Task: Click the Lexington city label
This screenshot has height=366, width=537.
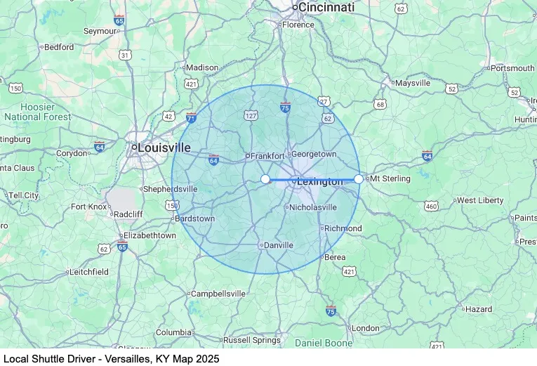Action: click(x=320, y=182)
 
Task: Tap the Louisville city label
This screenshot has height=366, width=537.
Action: click(x=164, y=148)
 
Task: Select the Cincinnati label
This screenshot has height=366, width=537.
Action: click(x=326, y=7)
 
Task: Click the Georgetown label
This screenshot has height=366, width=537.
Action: click(x=314, y=154)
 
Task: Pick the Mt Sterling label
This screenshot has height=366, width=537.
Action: click(x=392, y=179)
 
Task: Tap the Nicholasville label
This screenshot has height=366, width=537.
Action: click(x=314, y=207)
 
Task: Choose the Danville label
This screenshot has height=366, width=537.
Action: click(x=278, y=245)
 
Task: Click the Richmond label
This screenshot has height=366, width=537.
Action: click(x=343, y=228)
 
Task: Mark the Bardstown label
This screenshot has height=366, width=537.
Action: click(x=195, y=218)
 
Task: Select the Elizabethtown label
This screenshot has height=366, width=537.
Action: click(x=149, y=236)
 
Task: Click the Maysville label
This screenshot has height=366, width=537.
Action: click(x=412, y=83)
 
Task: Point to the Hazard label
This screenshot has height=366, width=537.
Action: click(x=478, y=309)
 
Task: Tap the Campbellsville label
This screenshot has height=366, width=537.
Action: click(x=219, y=294)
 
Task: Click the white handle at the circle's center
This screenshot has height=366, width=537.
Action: click(x=265, y=179)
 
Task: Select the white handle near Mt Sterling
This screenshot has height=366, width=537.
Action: click(x=359, y=179)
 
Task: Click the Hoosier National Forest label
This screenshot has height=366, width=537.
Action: click(x=37, y=112)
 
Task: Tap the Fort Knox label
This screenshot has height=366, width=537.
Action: click(x=88, y=207)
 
